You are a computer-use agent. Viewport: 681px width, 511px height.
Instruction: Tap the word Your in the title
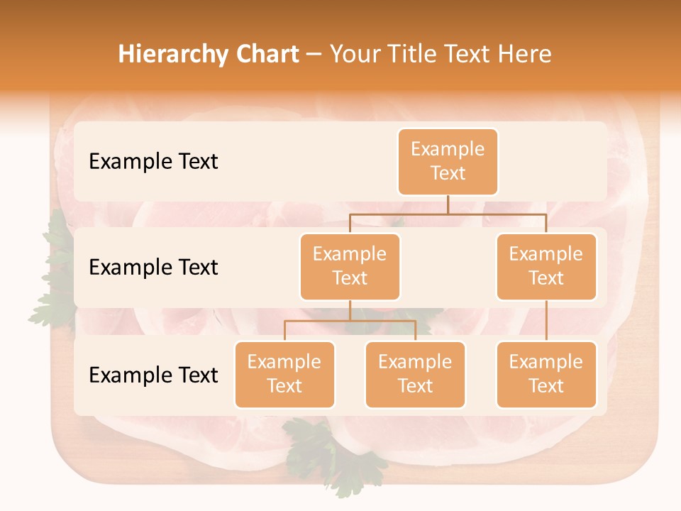(x=354, y=55)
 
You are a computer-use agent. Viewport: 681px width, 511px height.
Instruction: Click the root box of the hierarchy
(x=448, y=161)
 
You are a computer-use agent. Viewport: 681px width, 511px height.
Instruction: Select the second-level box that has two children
(x=350, y=266)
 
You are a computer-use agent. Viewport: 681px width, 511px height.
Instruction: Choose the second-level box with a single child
(x=546, y=266)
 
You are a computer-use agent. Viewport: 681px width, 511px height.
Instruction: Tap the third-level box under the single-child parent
(x=546, y=374)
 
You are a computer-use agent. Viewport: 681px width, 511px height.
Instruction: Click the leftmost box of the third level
(x=284, y=374)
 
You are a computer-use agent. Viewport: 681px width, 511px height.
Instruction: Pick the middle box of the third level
(x=415, y=374)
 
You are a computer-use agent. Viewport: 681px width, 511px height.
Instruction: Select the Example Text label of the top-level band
(x=153, y=161)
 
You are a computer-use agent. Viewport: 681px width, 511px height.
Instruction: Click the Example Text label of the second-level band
(x=153, y=267)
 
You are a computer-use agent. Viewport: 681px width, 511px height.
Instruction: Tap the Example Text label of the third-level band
(x=153, y=375)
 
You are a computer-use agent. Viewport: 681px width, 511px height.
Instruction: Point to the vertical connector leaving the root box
(x=448, y=204)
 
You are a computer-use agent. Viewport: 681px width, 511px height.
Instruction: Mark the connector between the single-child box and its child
(x=546, y=321)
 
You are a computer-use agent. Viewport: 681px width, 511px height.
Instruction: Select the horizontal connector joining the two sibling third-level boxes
(x=350, y=321)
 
